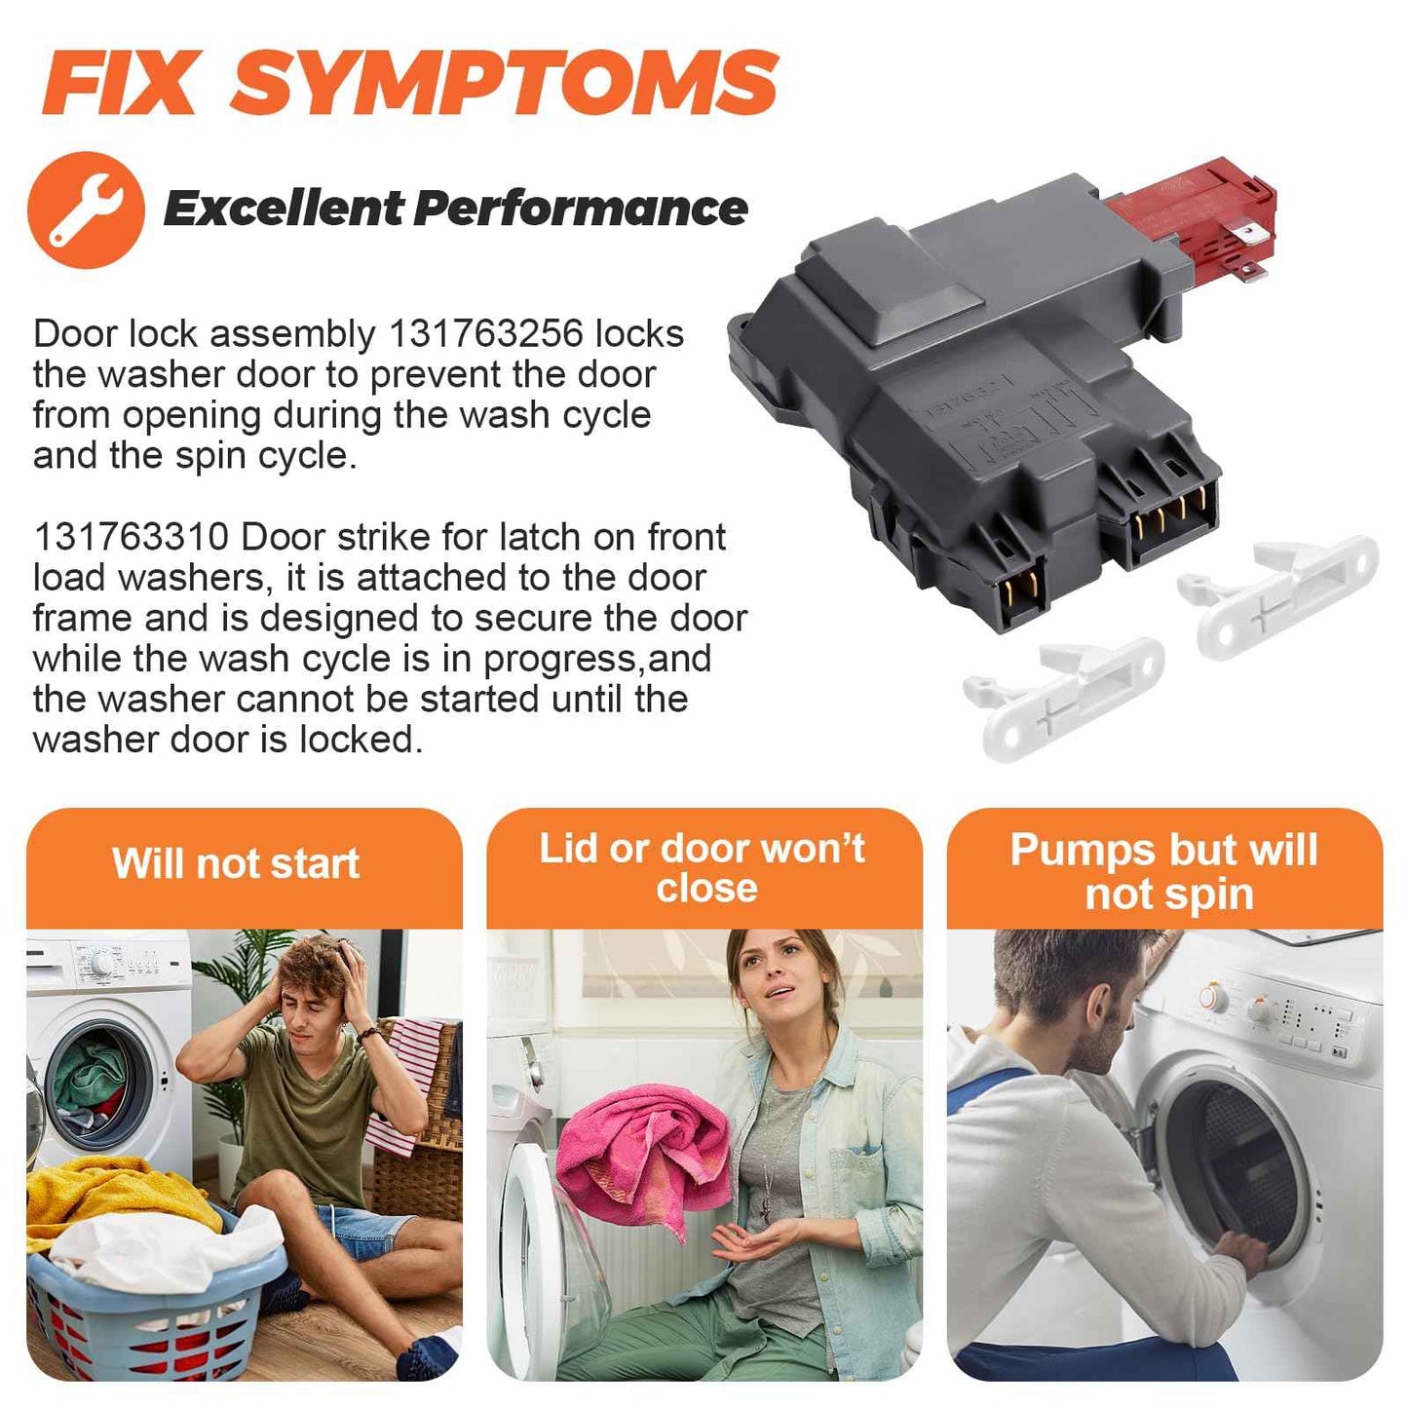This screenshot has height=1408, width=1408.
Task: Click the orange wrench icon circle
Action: click(x=86, y=209)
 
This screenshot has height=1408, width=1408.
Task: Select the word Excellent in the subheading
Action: click(x=284, y=209)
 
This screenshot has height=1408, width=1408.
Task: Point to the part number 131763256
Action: click(x=485, y=334)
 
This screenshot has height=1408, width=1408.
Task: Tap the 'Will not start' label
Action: click(x=236, y=863)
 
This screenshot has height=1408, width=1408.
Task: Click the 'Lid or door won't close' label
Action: click(x=703, y=868)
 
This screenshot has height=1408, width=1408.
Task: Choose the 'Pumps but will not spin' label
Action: click(x=1164, y=872)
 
